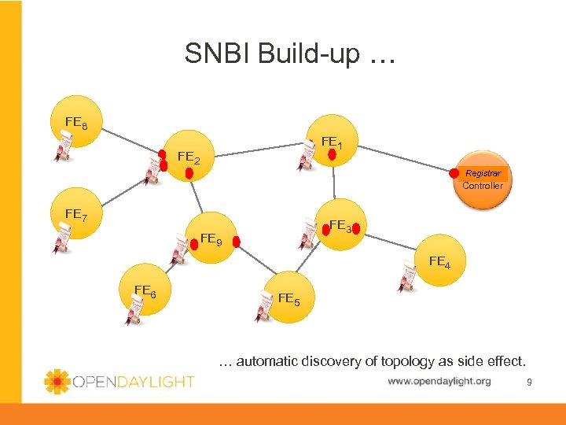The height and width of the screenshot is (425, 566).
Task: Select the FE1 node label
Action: [330, 142]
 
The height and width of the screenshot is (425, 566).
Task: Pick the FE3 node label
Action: [340, 226]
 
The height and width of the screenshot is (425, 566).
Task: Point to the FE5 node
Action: [289, 298]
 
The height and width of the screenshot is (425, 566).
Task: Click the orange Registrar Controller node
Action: [482, 179]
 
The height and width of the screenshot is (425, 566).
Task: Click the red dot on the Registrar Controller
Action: [454, 173]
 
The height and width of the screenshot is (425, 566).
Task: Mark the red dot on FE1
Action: [332, 154]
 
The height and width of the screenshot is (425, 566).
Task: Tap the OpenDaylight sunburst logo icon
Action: [57, 381]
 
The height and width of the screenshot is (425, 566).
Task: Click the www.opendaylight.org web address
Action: [439, 382]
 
